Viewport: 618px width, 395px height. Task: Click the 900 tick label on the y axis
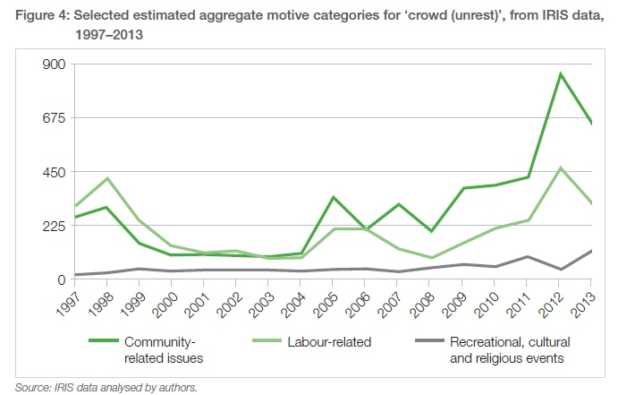tap(45, 64)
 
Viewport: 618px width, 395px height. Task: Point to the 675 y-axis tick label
tap(45, 118)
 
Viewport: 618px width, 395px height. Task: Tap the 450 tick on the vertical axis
tap(45, 172)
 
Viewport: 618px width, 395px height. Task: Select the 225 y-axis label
tap(45, 226)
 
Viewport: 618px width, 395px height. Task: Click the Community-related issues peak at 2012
tap(560, 73)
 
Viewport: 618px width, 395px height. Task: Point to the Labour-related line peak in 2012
tap(560, 167)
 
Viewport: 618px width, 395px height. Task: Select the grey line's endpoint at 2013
tap(591, 251)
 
